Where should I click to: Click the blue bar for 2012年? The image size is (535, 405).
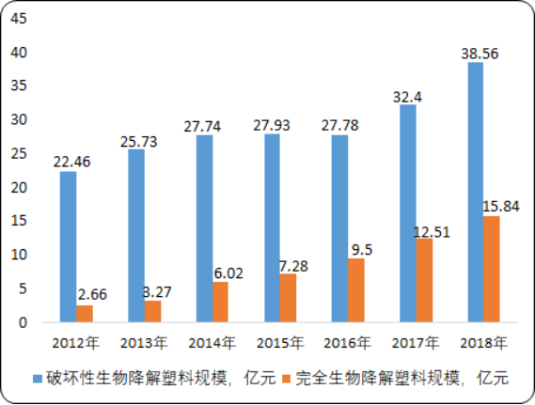pyautogui.click(x=68, y=247)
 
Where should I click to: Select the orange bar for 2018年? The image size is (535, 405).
pyautogui.click(x=491, y=269)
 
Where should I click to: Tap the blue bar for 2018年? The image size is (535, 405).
pyautogui.click(x=475, y=193)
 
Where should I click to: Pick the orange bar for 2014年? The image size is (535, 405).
pyautogui.click(x=220, y=302)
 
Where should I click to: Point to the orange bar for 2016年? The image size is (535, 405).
pyautogui.click(x=355, y=290)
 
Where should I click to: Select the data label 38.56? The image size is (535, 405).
pyautogui.click(x=475, y=54)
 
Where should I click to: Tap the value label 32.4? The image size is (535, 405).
pyautogui.click(x=407, y=95)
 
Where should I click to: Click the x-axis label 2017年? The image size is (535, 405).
pyautogui.click(x=416, y=341)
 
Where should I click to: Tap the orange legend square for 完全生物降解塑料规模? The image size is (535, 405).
pyautogui.click(x=285, y=379)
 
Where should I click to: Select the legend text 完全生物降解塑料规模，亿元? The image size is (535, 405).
pyautogui.click(x=401, y=379)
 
